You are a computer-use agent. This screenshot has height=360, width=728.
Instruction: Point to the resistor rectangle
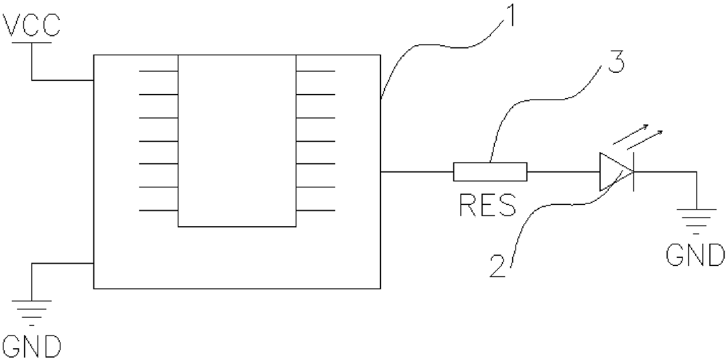(490, 172)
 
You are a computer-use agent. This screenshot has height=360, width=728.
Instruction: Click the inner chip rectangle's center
(237, 141)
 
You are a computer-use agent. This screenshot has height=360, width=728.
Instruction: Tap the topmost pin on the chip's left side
(159, 71)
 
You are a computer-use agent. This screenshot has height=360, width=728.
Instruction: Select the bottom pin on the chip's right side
(315, 210)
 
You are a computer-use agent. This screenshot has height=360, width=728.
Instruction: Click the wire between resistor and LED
(562, 172)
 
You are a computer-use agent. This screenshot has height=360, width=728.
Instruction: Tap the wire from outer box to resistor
(417, 172)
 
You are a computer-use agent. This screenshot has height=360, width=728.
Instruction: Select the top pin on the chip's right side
(315, 71)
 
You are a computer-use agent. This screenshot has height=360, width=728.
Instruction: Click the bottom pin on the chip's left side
(159, 210)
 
